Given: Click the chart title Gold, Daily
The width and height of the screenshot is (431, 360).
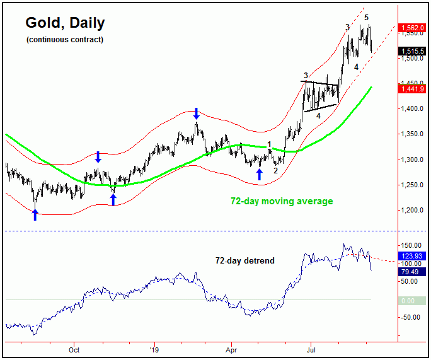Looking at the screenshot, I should (x=65, y=23).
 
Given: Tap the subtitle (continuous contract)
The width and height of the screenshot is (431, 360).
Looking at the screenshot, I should (x=65, y=40).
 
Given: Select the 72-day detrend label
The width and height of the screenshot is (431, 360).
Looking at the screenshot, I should (x=245, y=260).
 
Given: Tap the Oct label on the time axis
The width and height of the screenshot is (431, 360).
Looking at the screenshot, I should (x=74, y=349).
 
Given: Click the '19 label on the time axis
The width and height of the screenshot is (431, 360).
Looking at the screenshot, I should (x=152, y=349).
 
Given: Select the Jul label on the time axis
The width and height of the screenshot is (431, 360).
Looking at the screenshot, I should (x=310, y=349).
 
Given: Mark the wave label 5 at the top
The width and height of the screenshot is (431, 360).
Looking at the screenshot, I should (x=367, y=17).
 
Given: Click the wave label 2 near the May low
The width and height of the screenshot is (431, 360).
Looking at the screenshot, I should (x=275, y=170).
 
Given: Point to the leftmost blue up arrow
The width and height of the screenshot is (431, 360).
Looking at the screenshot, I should (x=35, y=214).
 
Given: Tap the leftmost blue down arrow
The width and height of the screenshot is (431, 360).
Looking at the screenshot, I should (x=98, y=157).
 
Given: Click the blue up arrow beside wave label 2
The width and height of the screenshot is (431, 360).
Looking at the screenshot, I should (x=259, y=173).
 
